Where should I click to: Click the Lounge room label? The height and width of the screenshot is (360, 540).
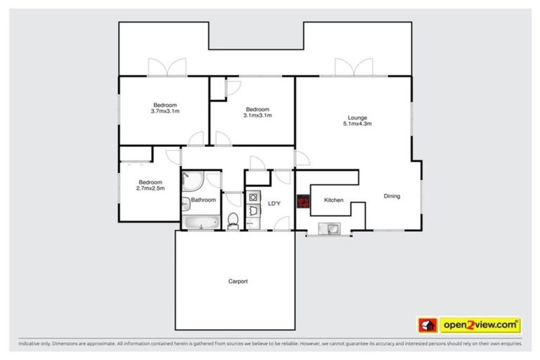(x=357, y=117)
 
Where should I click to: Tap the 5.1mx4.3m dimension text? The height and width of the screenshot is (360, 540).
(x=357, y=124)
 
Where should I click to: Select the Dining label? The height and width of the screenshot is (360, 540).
(x=392, y=196)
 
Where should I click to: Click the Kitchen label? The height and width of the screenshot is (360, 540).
(x=333, y=200)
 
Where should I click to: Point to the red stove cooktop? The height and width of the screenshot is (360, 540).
(x=303, y=202)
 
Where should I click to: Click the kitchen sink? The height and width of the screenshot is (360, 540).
(x=328, y=228)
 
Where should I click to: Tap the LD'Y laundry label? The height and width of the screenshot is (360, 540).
(x=274, y=204)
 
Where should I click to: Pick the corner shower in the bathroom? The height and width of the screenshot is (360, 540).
(x=191, y=182)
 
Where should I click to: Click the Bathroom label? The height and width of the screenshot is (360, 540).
(x=203, y=200)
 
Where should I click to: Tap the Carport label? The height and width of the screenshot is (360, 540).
(x=238, y=281)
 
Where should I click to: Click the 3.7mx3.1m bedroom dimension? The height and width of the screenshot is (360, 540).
(x=165, y=111)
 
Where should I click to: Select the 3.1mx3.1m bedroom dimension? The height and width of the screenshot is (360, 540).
(x=257, y=115)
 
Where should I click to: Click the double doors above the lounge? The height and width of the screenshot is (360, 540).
(x=352, y=68)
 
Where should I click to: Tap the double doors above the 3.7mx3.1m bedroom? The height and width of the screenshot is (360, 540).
(x=166, y=68)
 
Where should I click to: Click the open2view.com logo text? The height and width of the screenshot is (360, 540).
(x=480, y=325)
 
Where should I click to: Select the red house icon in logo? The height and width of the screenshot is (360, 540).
(x=427, y=325)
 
